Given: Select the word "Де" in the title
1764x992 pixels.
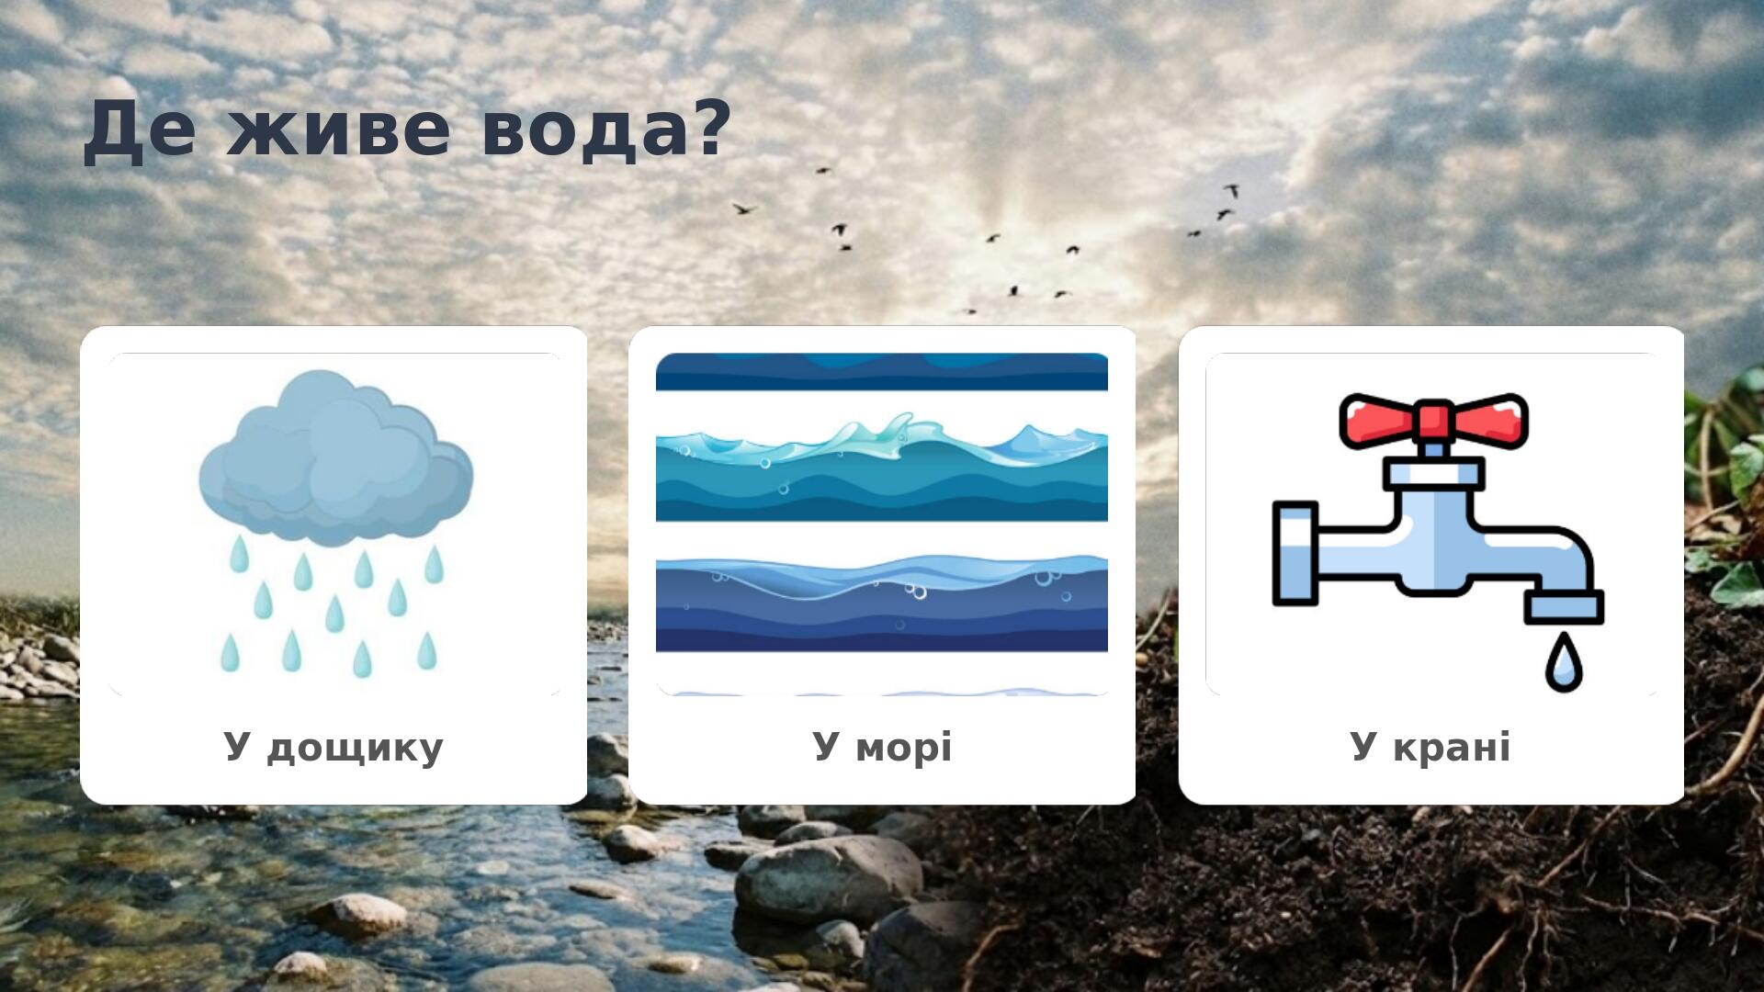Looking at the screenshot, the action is [140, 130].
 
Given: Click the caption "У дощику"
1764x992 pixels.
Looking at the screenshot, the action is [334, 748].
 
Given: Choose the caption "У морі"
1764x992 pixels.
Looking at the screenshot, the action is [882, 747].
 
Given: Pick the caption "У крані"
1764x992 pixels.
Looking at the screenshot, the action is [1430, 747].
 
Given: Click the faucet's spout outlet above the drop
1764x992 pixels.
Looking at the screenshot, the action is [1565, 607].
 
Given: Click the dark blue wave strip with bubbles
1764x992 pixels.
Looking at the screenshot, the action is [882, 603].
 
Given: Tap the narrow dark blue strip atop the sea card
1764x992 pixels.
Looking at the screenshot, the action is [882, 372].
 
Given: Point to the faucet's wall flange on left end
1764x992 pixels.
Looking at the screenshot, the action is [1295, 554].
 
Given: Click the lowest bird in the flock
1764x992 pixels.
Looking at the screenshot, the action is [970, 310].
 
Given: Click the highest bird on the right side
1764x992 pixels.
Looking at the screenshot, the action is [1231, 190].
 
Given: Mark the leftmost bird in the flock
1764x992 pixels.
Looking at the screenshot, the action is [742, 209].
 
